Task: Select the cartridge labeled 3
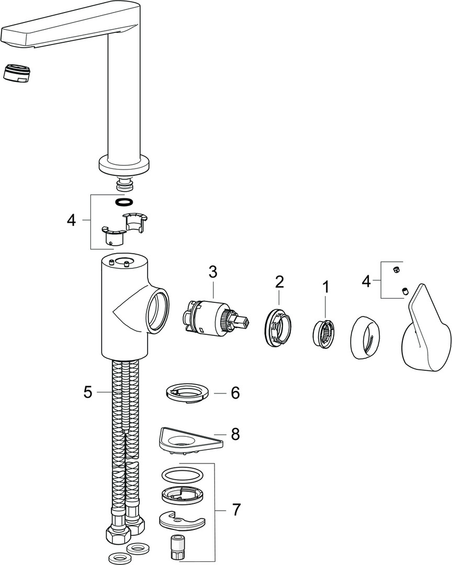coord(207,316)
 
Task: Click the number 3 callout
coord(212,272)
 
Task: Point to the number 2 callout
coord(279,281)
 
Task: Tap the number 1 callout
coord(326,286)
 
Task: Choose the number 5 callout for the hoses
coord(87,391)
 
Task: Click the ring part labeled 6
coord(187,394)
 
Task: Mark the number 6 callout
coord(235,392)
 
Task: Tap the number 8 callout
coord(235,434)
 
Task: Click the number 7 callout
coord(236,508)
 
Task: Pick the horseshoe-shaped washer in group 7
coord(181,521)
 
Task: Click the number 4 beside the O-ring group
coord(71,220)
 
